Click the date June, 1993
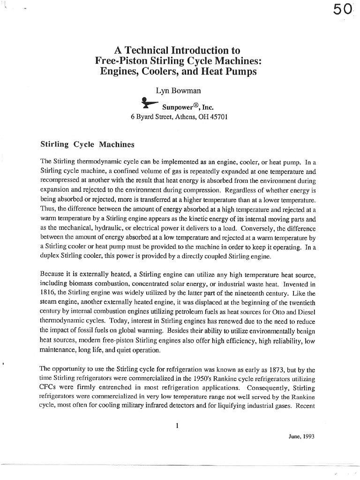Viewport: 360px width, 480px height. (x=301, y=436)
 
